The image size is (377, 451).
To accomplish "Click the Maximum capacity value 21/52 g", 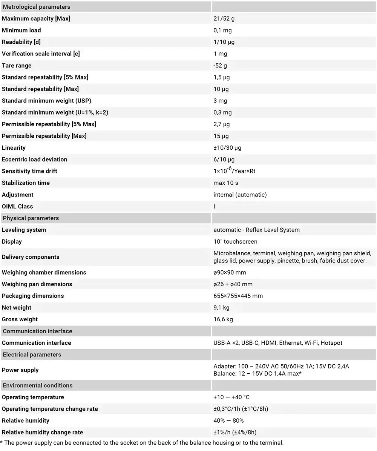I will click(224, 18).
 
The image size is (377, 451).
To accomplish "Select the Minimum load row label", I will click(21, 30).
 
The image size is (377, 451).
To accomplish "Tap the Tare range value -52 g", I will click(220, 66).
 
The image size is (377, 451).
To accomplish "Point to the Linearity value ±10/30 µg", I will click(227, 148).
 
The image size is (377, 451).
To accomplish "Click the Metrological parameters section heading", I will click(37, 7).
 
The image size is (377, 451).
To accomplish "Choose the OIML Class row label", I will click(17, 206).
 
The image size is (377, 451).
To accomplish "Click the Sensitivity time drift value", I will click(234, 171).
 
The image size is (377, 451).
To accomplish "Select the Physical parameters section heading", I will click(31, 218).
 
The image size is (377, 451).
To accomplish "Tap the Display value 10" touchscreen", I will click(235, 241).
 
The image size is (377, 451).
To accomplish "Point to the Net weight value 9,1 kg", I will click(221, 308).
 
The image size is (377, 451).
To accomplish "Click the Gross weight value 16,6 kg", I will click(223, 319).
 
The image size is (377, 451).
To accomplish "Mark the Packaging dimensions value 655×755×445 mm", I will click(238, 296).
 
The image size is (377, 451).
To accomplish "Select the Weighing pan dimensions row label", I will click(37, 284).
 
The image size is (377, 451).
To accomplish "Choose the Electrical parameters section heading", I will click(32, 354).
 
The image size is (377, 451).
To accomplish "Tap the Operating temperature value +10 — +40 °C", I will click(231, 397).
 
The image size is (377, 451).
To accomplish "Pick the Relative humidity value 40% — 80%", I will click(228, 420).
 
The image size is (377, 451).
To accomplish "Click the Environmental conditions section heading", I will click(37, 385).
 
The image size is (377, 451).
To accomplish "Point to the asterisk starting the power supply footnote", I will click(2, 442).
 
